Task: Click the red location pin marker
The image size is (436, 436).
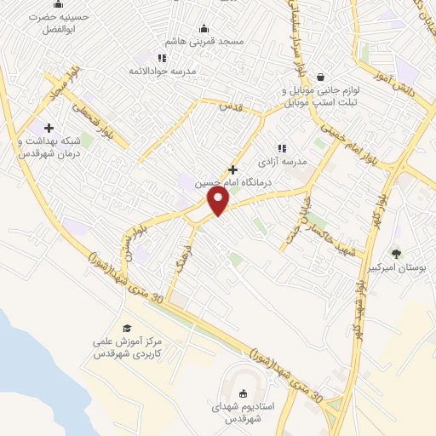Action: [x=219, y=200]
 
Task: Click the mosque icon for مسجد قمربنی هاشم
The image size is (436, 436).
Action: [x=203, y=28]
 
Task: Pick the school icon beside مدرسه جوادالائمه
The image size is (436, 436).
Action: [x=162, y=58]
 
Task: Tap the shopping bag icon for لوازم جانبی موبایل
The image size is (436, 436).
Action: [x=320, y=75]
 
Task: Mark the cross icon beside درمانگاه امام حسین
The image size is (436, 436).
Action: [x=232, y=169]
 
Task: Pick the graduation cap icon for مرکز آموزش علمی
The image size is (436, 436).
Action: [x=126, y=328]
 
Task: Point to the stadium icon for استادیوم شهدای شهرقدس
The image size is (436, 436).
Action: [x=243, y=393]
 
